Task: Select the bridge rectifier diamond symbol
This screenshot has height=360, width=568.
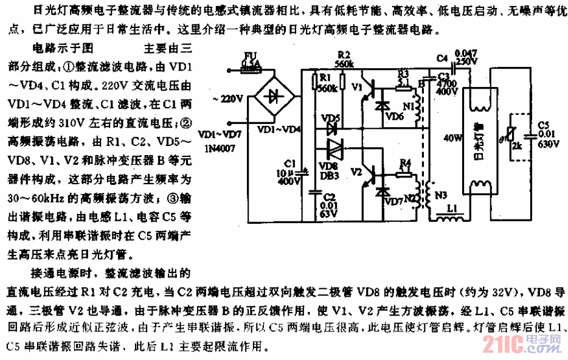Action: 272,97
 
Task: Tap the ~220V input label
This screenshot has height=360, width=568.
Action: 227,98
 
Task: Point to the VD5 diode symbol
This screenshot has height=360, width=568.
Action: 331,128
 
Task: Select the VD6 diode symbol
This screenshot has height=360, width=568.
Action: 383,105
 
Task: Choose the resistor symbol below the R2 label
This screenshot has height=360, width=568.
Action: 342,80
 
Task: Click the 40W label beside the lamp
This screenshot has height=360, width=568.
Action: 450,138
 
